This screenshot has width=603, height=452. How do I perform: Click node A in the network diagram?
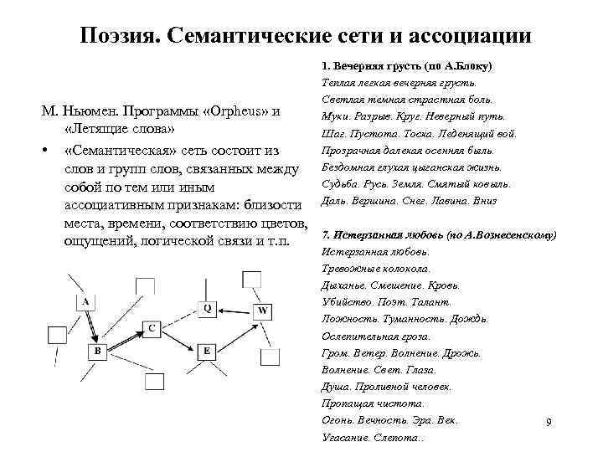[x=86, y=301]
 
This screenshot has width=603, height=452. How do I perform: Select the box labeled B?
[x=97, y=351]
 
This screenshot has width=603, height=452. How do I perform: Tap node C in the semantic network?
[x=151, y=328]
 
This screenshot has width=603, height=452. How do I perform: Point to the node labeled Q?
[x=208, y=308]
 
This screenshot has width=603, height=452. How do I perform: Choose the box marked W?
[x=262, y=311]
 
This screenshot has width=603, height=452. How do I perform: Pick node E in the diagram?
[x=206, y=351]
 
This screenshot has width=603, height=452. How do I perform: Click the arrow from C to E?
[x=178, y=339]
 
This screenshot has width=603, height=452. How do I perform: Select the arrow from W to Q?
[x=235, y=309]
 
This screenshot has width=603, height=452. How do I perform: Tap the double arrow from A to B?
[x=91, y=326]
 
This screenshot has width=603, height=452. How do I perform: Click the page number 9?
[x=548, y=422]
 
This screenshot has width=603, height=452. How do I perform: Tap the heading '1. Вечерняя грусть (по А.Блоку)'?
[x=405, y=65]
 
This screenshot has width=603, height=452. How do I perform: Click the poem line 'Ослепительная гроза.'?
[x=376, y=336]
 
